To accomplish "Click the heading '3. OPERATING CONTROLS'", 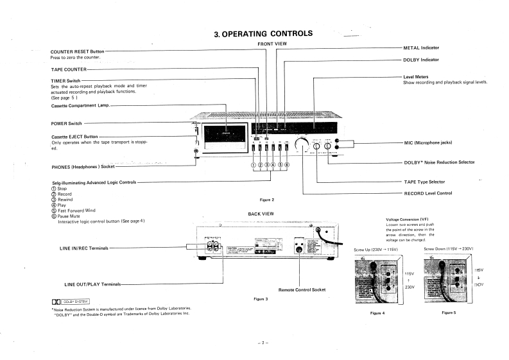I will point(263,33).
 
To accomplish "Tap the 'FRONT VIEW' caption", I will point(272,44).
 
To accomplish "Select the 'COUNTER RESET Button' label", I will point(77,51).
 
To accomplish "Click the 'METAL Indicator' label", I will point(421,48).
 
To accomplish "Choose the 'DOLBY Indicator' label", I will point(421,60).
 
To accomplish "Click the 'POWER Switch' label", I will point(66,123).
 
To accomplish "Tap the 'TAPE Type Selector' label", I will point(424,182).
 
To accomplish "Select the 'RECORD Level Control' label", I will point(427,193).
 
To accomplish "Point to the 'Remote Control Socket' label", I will point(302,290).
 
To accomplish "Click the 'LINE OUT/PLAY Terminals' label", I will point(92,284).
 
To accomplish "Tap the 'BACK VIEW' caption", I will point(261,213).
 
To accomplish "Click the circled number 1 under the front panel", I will point(253,164).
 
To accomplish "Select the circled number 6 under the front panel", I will point(287,164).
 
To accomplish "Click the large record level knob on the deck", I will point(302,146).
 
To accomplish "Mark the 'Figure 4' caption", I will point(377,313).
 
